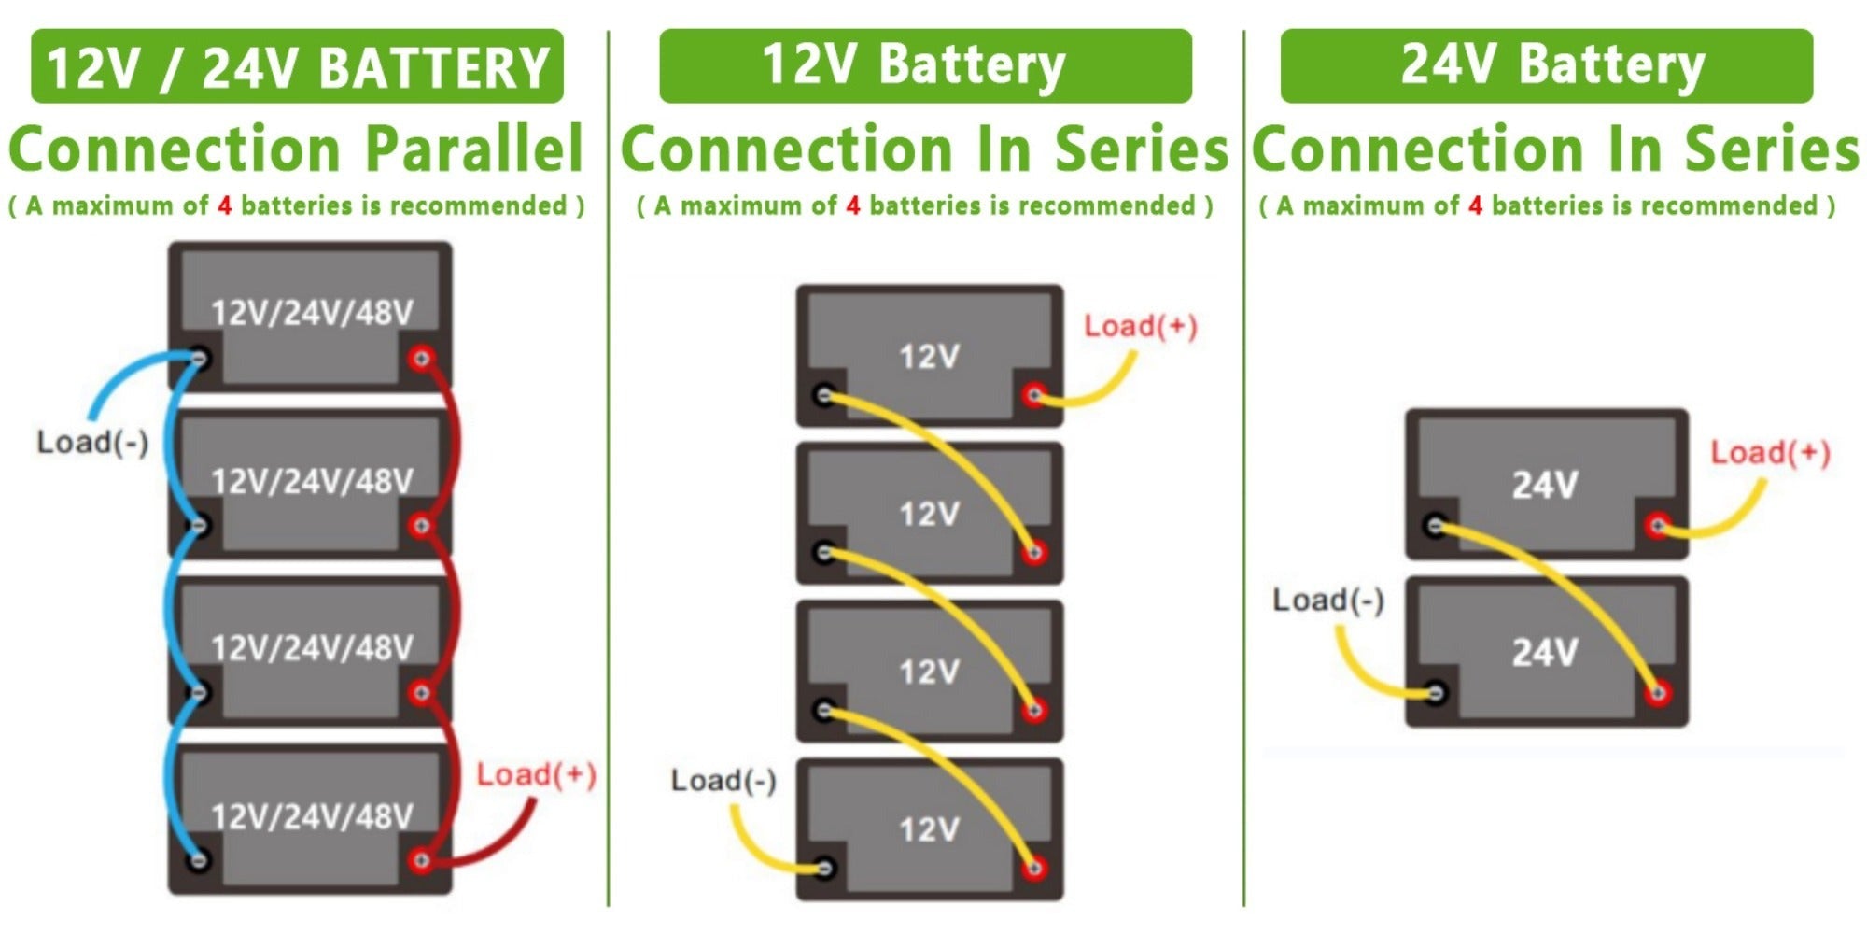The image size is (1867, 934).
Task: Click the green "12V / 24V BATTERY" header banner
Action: pos(297,66)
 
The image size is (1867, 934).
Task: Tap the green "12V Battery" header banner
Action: pos(925,65)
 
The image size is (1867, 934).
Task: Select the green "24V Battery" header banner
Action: pos(1546,65)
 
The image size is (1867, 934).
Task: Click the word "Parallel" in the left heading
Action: pos(473,149)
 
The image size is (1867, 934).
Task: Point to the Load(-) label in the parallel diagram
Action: pos(92,442)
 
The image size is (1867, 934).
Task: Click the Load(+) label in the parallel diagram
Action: pos(536,774)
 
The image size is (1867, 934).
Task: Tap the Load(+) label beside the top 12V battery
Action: pos(1140,326)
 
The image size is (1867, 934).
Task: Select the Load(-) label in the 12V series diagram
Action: pos(723,780)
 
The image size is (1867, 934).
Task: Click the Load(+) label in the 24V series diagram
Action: pos(1770,453)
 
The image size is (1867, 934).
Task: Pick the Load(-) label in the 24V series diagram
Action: pos(1328,600)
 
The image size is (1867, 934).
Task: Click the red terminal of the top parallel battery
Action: pos(421,358)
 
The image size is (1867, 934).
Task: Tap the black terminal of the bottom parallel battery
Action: pos(198,859)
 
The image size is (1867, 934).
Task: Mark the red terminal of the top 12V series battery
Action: pos(1032,395)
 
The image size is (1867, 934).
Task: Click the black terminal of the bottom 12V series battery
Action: pos(824,869)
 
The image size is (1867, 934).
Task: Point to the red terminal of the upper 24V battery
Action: pos(1658,526)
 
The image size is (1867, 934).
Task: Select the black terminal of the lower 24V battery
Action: pos(1436,693)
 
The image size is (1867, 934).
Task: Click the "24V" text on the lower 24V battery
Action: pos(1545,652)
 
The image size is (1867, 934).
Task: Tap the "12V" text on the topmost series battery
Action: pos(929,356)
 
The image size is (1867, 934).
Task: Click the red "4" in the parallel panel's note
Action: pos(224,205)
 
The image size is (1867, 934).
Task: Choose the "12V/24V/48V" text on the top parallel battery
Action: pos(312,312)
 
